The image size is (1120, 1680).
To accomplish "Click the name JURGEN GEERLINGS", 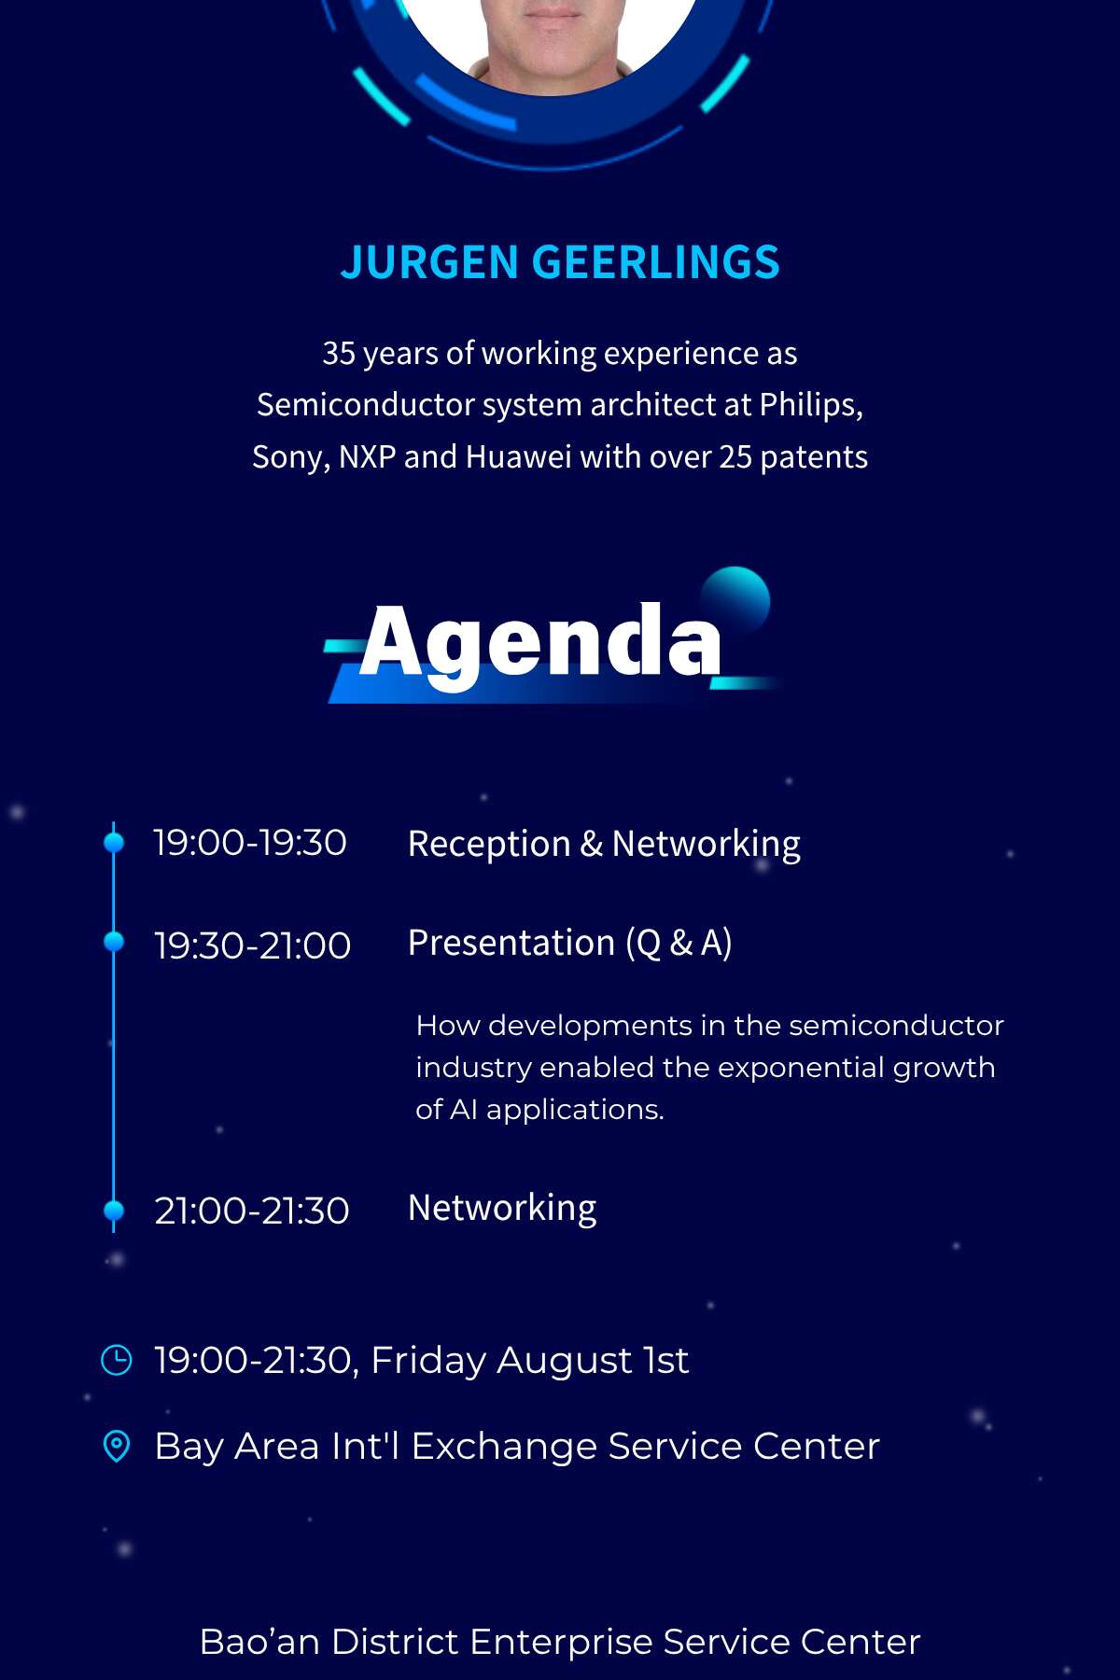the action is point(560,262).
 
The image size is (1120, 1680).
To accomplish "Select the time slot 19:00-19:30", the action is point(250,843).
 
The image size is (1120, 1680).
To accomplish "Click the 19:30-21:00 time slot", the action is point(252,945).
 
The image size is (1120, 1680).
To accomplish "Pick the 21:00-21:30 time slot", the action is point(252,1211).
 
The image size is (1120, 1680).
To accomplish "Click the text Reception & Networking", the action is point(604,845).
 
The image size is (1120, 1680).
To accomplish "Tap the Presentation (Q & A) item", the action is point(569,944).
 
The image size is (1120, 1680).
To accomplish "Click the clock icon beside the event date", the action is point(116,1360).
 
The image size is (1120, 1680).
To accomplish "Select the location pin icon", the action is point(116,1447).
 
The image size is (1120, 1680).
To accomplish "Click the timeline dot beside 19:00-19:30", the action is point(114,843).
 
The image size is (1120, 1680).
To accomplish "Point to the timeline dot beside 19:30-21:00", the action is point(114,942).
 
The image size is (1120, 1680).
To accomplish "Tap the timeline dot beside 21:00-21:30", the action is point(114,1211).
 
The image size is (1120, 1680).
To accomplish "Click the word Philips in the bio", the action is point(810,405).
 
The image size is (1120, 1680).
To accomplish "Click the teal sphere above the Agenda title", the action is point(735,600).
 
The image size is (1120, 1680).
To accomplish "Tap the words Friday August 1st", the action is point(530,1361).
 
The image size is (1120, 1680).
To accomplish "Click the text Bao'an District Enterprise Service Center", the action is point(560,1642).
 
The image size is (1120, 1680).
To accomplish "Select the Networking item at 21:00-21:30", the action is point(502,1209).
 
